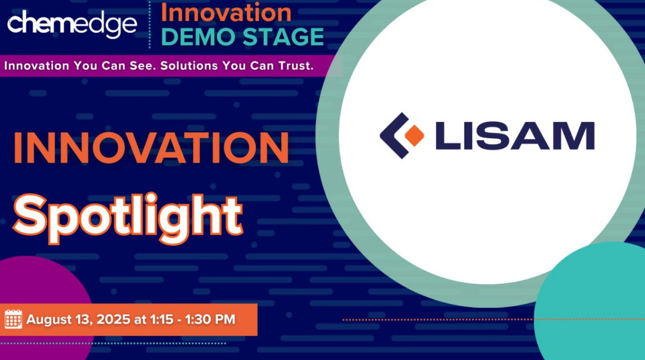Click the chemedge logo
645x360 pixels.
pyautogui.click(x=72, y=25)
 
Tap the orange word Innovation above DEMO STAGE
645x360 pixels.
pyautogui.click(x=226, y=12)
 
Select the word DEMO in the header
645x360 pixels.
pyautogui.click(x=198, y=36)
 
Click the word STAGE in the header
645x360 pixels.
pyautogui.click(x=283, y=36)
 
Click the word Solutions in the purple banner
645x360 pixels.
pyautogui.click(x=189, y=66)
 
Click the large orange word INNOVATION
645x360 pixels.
pyautogui.click(x=151, y=148)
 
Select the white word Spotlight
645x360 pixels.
pyautogui.click(x=128, y=218)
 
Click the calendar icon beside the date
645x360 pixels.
pyautogui.click(x=13, y=319)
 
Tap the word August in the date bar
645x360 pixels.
pyautogui.click(x=49, y=320)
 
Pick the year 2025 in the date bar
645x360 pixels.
pyautogui.click(x=114, y=319)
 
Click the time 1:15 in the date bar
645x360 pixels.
pyautogui.click(x=162, y=319)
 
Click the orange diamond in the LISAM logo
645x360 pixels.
pyautogui.click(x=414, y=136)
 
